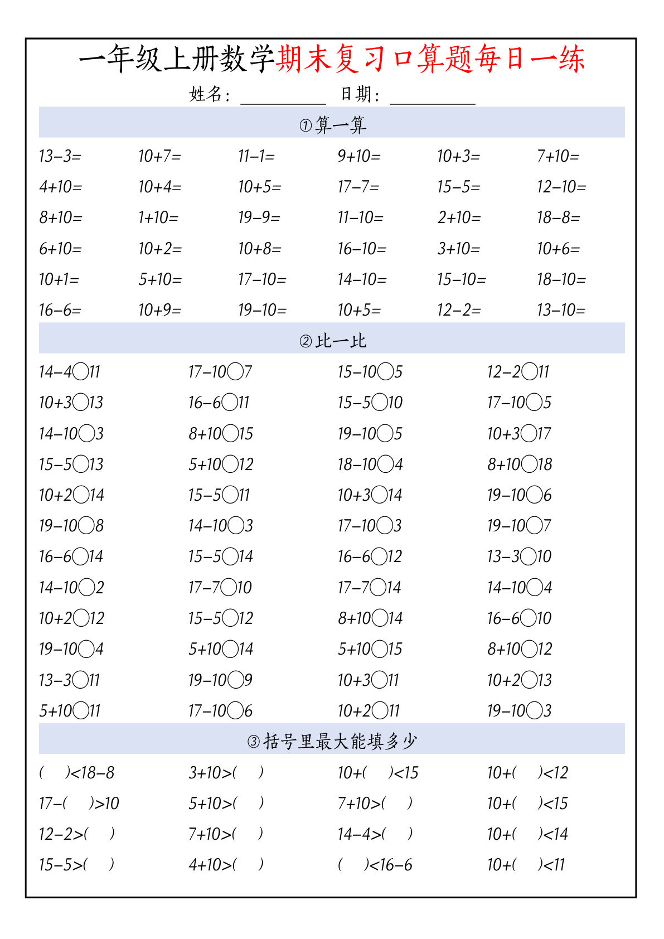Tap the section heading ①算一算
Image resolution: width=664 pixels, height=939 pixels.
tap(332, 124)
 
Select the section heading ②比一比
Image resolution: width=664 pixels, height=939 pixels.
tap(332, 340)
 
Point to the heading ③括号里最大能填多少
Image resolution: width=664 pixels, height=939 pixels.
tap(332, 741)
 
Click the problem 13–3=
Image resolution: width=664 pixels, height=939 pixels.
tap(60, 156)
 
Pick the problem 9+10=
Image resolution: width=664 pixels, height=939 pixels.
tap(359, 156)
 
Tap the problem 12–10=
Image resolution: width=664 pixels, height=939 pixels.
tap(561, 187)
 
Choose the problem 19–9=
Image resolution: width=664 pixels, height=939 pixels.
tap(259, 217)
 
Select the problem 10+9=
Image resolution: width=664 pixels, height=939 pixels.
tap(160, 310)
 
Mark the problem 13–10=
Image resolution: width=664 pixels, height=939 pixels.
tap(561, 310)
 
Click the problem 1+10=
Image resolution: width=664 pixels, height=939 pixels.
tap(158, 217)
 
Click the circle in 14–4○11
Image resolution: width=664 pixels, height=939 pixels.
tap(81, 371)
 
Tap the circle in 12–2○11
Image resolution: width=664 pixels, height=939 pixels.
tap(530, 371)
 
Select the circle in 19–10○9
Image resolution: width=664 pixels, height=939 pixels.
tap(236, 680)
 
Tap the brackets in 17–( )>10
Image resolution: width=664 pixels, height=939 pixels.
tap(78, 804)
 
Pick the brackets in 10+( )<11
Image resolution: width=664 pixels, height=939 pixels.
tap(527, 865)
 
